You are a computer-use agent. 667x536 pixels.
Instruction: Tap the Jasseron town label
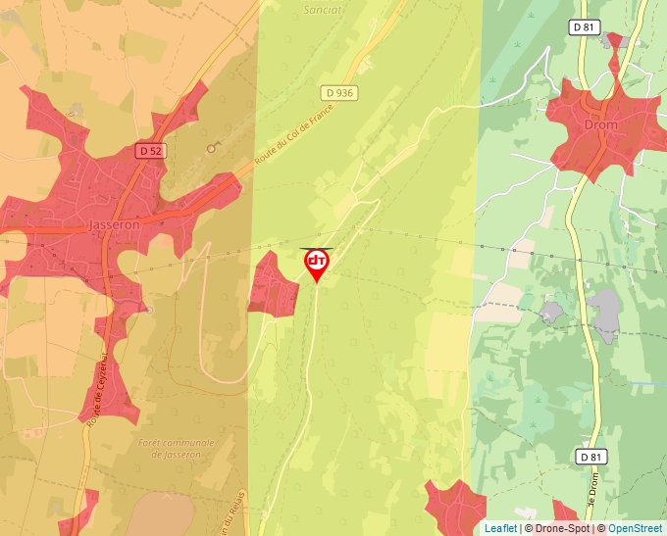click(x=115, y=224)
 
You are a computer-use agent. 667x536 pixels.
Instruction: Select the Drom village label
click(x=600, y=126)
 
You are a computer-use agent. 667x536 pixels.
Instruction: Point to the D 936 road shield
click(x=337, y=92)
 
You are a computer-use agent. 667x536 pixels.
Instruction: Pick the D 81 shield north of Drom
click(x=584, y=28)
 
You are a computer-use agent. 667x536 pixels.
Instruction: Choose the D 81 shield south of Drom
click(x=589, y=457)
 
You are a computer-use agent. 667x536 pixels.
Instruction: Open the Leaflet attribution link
click(x=500, y=528)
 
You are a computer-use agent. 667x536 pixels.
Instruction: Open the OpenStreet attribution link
click(x=637, y=528)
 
